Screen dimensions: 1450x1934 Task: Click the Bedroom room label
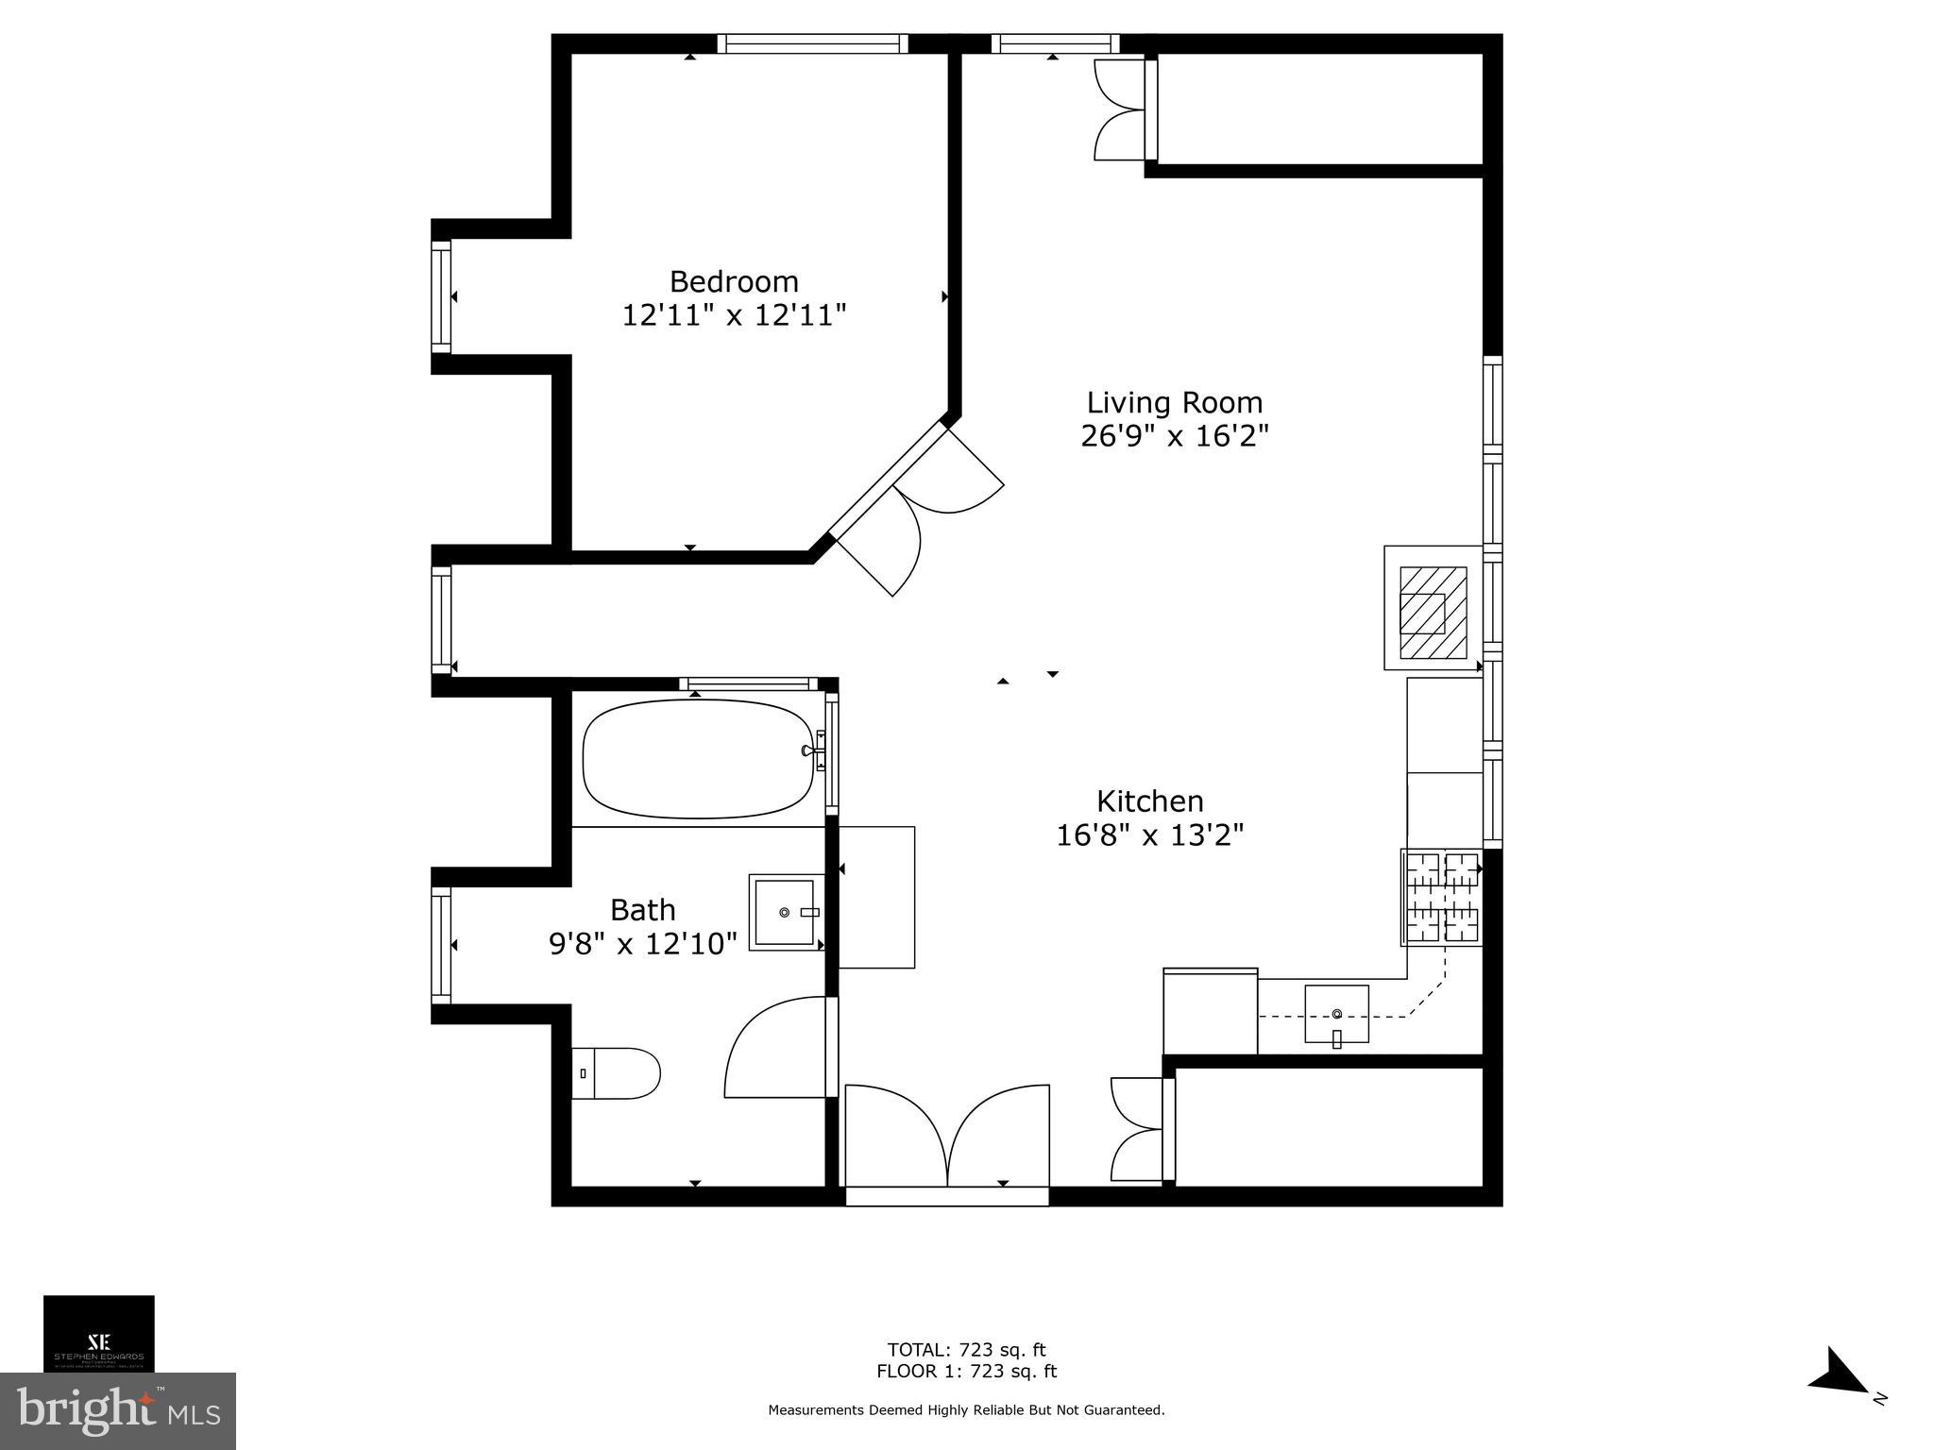(734, 281)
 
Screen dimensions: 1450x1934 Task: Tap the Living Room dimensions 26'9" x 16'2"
(1174, 436)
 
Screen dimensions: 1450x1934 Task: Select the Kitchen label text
(1149, 801)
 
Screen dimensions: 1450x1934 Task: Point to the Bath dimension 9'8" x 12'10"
(642, 943)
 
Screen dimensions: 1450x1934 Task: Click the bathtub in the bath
(698, 759)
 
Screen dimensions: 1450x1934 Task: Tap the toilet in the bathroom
(616, 1073)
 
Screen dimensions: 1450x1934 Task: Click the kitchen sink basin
(1336, 1014)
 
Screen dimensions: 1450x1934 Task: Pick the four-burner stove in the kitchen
(1441, 897)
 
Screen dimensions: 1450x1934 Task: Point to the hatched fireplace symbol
(1432, 612)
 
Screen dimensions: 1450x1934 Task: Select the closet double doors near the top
(1119, 110)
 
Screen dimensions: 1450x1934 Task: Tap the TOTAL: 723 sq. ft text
(966, 1350)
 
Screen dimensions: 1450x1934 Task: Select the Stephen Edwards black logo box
(98, 1332)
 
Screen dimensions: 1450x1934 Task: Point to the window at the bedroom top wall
(812, 43)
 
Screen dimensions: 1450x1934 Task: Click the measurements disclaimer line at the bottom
(966, 1410)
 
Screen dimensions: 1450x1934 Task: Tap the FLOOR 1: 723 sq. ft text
(966, 1372)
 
